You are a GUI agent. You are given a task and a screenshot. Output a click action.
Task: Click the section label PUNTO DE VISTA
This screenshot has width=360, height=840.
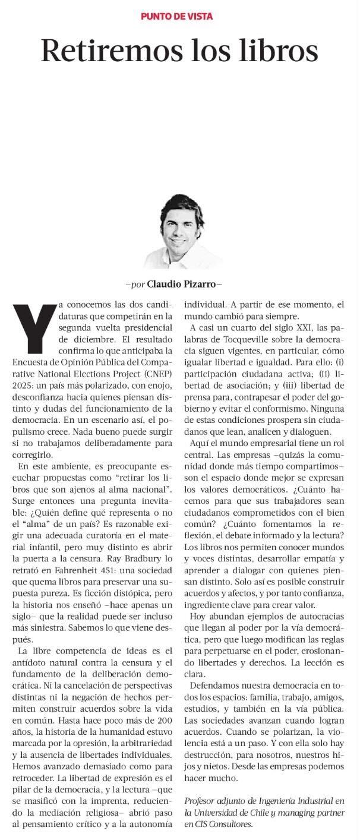(x=176, y=17)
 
